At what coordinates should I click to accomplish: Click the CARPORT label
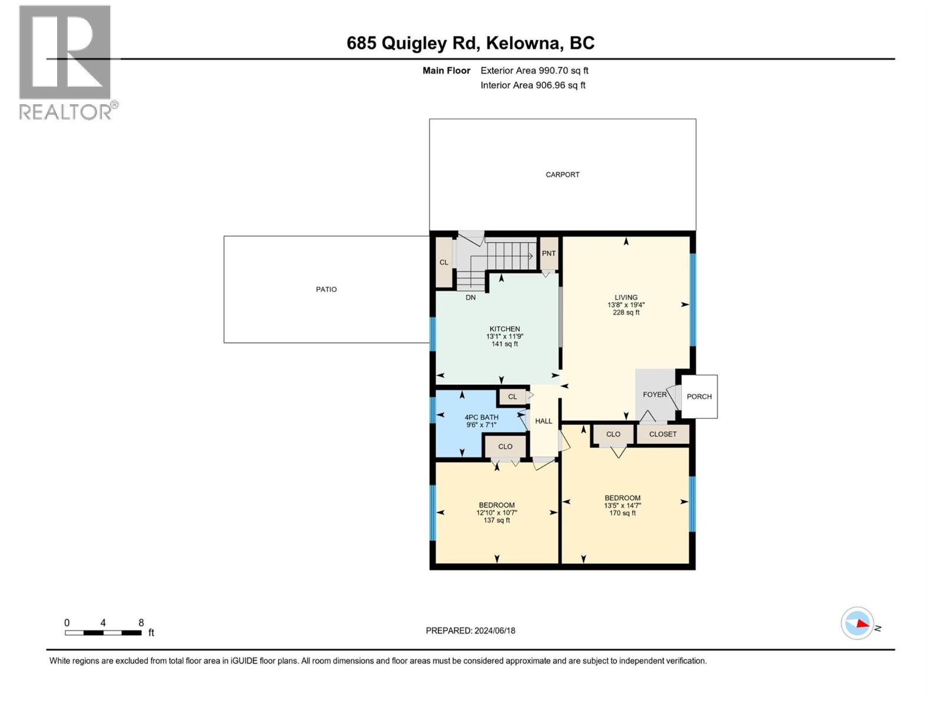pyautogui.click(x=562, y=174)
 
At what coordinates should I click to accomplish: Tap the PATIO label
pyautogui.click(x=326, y=289)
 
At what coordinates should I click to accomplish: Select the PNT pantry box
pyautogui.click(x=549, y=253)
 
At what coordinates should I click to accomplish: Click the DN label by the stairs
pyautogui.click(x=470, y=298)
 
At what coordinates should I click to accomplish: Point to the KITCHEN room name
pyautogui.click(x=505, y=329)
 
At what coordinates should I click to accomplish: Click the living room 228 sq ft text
pyautogui.click(x=626, y=313)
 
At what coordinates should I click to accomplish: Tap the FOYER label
pyautogui.click(x=654, y=395)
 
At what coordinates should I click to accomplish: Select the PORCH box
pyautogui.click(x=699, y=397)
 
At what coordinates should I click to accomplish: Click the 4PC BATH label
pyautogui.click(x=481, y=417)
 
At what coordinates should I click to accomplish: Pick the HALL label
pyautogui.click(x=543, y=421)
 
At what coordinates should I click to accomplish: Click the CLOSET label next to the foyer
pyautogui.click(x=663, y=434)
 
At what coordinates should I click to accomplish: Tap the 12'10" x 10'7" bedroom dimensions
pyautogui.click(x=496, y=513)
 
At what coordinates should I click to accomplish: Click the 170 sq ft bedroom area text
pyautogui.click(x=622, y=513)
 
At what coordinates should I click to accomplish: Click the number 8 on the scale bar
pyautogui.click(x=141, y=623)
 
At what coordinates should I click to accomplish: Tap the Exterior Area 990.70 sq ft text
pyautogui.click(x=534, y=71)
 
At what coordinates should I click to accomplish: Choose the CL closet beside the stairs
pyautogui.click(x=444, y=262)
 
